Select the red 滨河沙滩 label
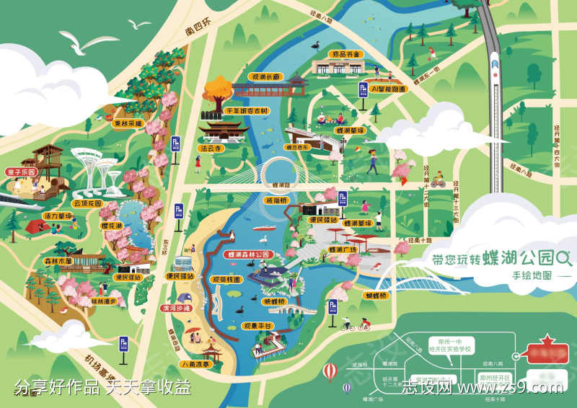[175, 308]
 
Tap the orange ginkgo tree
[217, 91]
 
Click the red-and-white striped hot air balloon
[330, 372]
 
